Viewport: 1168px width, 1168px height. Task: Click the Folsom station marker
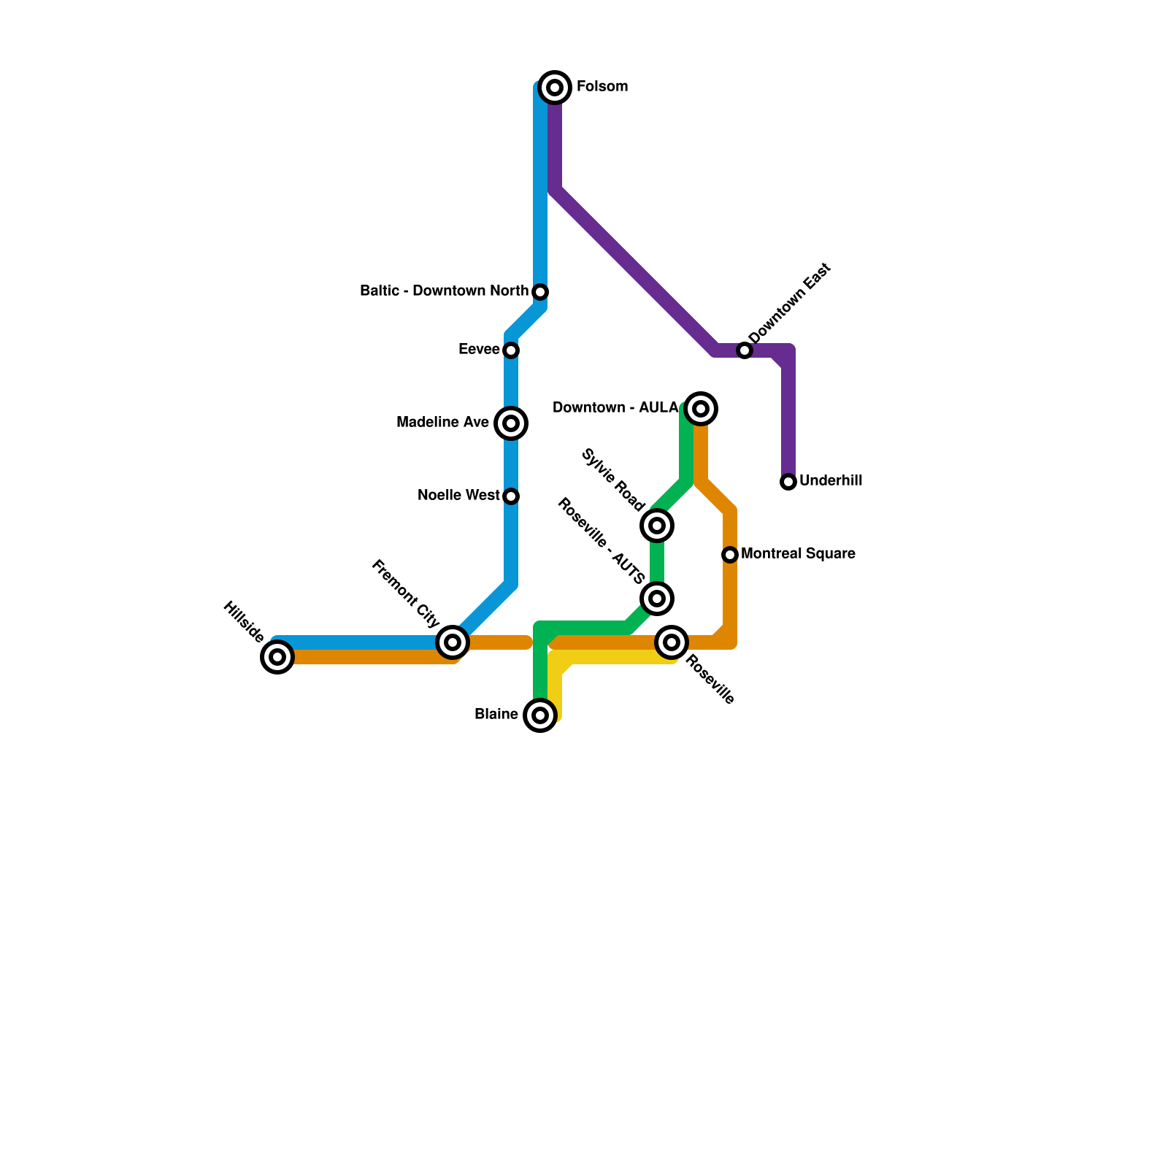pyautogui.click(x=555, y=88)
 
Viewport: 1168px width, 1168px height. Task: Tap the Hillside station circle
pyautogui.click(x=277, y=657)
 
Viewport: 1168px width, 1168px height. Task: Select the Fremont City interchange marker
pyautogui.click(x=453, y=642)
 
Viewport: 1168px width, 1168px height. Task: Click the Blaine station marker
pyautogui.click(x=540, y=715)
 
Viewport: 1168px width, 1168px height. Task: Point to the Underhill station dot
pyautogui.click(x=788, y=482)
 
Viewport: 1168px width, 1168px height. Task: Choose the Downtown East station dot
pyautogui.click(x=744, y=350)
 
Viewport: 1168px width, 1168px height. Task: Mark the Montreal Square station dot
pyautogui.click(x=730, y=555)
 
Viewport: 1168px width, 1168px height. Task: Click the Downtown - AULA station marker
pyautogui.click(x=701, y=409)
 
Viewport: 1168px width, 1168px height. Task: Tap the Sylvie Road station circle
pyautogui.click(x=657, y=526)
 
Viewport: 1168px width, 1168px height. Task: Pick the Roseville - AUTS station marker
pyautogui.click(x=657, y=599)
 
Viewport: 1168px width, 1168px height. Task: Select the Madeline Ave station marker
pyautogui.click(x=511, y=423)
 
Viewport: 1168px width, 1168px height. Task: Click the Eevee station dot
pyautogui.click(x=511, y=350)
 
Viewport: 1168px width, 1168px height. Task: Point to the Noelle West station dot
pyautogui.click(x=511, y=496)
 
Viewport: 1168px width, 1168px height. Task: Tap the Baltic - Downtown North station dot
pyautogui.click(x=540, y=292)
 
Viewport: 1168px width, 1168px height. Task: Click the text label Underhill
pyautogui.click(x=831, y=481)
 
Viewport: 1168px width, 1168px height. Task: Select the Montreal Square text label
pyautogui.click(x=798, y=554)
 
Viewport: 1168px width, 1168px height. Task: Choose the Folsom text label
pyautogui.click(x=602, y=87)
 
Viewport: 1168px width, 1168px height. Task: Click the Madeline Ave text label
pyautogui.click(x=442, y=423)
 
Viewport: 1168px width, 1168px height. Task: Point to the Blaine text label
pyautogui.click(x=496, y=715)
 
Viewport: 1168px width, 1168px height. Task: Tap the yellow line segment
pyautogui.click(x=620, y=658)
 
